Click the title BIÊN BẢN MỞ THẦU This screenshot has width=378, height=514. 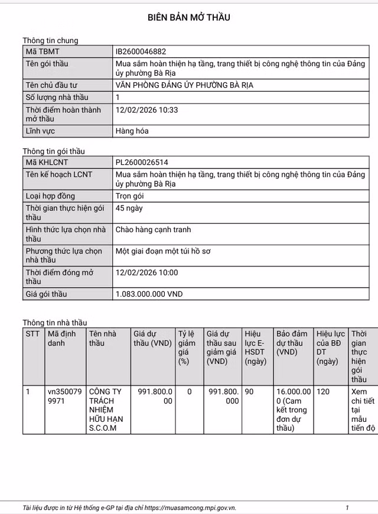pos(189,17)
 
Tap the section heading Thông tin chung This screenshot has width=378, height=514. pos(50,40)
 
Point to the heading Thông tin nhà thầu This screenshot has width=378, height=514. pos(54,323)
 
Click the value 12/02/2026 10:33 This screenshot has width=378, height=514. pos(147,110)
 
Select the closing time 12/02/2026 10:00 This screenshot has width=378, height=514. pos(147,272)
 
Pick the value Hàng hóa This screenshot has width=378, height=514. pos(132,131)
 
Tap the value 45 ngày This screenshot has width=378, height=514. pos(129,209)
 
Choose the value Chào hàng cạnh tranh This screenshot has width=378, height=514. pos(154,230)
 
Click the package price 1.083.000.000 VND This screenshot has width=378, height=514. pos(149,294)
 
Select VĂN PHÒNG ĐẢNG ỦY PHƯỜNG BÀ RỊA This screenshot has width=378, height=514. pos(184,85)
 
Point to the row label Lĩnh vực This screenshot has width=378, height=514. pos(40,131)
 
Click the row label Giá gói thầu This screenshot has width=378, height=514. pos(46,294)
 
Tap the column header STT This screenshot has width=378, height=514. pos(32,334)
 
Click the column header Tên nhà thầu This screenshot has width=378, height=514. pos(103,338)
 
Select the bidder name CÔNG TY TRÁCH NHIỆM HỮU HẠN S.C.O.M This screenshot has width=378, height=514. pos(106,409)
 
